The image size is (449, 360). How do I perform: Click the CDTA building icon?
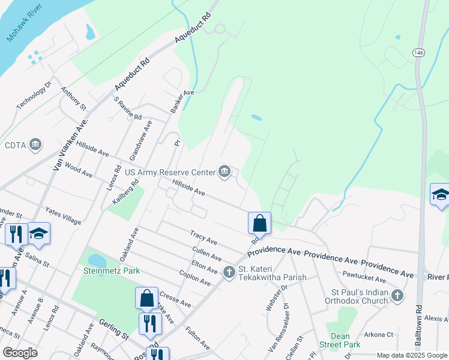point(35,145)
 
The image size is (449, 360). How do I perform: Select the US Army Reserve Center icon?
point(224,172)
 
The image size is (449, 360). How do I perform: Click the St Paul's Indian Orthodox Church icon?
point(396,295)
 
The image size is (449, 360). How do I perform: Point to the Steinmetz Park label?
point(112,271)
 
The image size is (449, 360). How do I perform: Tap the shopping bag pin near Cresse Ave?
point(147,298)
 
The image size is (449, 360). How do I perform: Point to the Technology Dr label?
point(35,95)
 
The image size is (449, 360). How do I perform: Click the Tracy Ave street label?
point(203,237)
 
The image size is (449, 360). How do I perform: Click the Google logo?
point(20,353)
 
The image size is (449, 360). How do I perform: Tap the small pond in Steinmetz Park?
point(95,260)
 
